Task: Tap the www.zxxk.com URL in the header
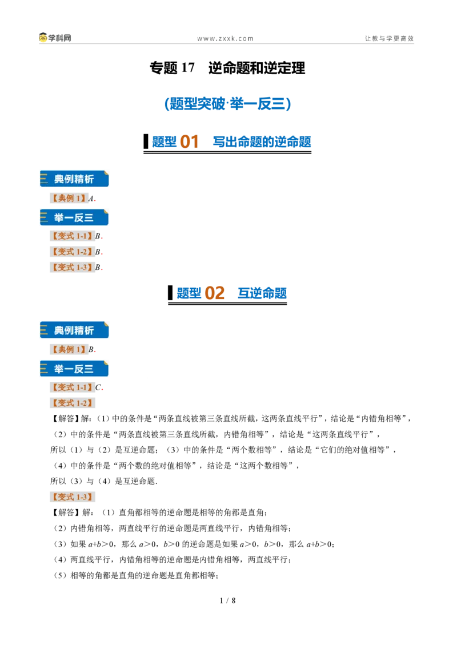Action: coord(225,38)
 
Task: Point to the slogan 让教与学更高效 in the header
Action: coord(389,38)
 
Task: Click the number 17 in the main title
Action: coord(188,67)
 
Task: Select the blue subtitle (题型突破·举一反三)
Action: coord(228,103)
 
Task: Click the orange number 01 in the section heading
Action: coord(189,142)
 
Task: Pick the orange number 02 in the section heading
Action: coord(214,293)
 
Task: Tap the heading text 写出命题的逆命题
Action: coord(262,142)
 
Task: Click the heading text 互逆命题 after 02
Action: coord(262,293)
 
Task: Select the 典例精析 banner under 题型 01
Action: coord(74,179)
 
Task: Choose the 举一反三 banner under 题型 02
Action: coord(74,369)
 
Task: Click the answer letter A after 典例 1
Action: coord(91,199)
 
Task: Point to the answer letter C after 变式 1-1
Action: coord(98,387)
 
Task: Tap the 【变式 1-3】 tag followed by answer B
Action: coord(73,268)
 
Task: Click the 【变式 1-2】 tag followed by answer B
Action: coord(73,252)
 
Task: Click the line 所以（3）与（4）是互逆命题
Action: coord(104,481)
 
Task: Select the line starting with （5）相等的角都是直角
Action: coord(135,576)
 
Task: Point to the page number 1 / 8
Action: coord(228,601)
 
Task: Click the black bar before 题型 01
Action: coord(146,142)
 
